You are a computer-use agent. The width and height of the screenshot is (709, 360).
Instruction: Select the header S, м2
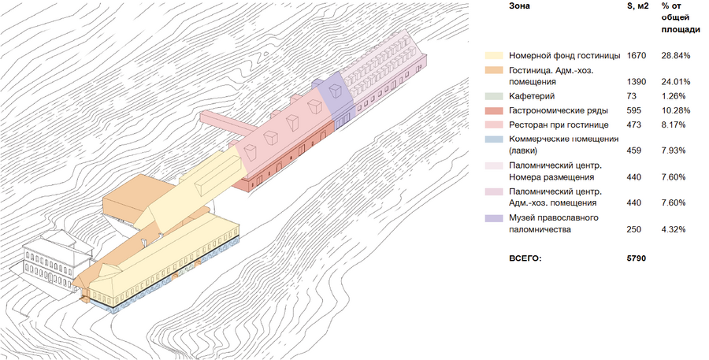point(637,6)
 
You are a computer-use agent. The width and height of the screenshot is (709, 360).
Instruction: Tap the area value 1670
point(637,56)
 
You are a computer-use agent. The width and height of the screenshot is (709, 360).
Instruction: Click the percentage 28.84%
point(676,56)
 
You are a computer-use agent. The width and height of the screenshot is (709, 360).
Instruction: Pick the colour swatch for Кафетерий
point(494,96)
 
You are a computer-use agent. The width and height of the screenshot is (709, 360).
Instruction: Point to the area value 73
point(632,96)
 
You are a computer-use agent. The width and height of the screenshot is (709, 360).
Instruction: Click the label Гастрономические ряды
point(558,110)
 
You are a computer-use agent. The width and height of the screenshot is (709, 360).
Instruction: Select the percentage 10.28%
point(676,110)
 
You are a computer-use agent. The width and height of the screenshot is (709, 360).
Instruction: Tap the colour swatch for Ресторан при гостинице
point(494,124)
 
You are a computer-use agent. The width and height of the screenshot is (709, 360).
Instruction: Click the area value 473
point(634,124)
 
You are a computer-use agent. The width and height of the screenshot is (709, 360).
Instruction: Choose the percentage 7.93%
point(674,150)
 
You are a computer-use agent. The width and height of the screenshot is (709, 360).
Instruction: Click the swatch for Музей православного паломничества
point(494,217)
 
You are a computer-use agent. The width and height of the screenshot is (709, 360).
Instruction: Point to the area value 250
point(634,230)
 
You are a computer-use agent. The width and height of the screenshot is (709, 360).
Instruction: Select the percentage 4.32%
point(674,230)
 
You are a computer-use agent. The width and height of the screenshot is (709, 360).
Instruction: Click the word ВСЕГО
point(526,258)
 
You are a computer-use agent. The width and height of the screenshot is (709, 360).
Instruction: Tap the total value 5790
point(637,258)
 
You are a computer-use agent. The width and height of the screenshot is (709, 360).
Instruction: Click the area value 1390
point(637,82)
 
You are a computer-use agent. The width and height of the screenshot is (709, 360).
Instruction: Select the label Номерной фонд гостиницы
point(564,56)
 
